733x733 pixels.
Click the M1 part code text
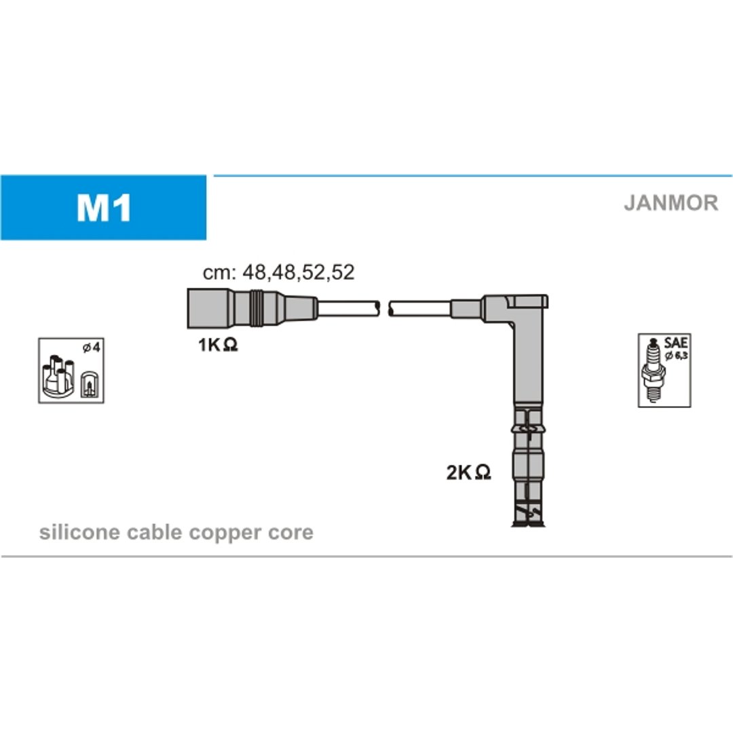click(x=104, y=208)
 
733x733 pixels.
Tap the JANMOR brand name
click(x=671, y=203)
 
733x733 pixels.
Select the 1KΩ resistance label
click(x=218, y=345)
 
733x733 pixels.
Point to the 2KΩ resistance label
click(x=468, y=472)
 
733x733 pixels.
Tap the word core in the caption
click(x=290, y=533)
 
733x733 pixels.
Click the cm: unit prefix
click(x=219, y=273)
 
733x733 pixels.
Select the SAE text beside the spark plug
click(x=675, y=343)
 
